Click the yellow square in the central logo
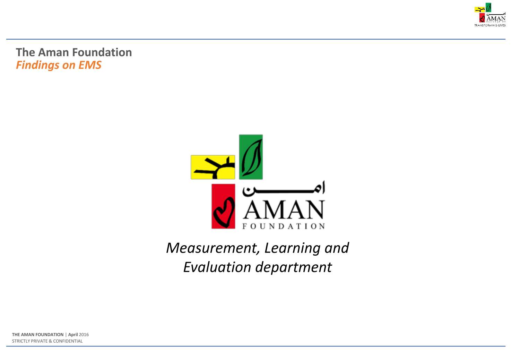pyautogui.click(x=213, y=167)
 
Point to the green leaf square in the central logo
pyautogui.click(x=251, y=157)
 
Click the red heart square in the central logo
pyautogui.click(x=223, y=206)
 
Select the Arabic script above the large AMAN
pyautogui.click(x=284, y=189)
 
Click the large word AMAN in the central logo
pyautogui.click(x=284, y=210)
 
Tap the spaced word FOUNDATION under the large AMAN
pyautogui.click(x=284, y=226)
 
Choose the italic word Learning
pyautogui.click(x=292, y=248)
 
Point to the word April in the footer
pyautogui.click(x=73, y=335)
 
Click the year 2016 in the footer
pyautogui.click(x=84, y=335)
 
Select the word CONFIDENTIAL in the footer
pyautogui.click(x=68, y=341)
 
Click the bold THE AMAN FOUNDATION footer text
pyautogui.click(x=38, y=335)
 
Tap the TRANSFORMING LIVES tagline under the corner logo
pyautogui.click(x=490, y=25)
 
